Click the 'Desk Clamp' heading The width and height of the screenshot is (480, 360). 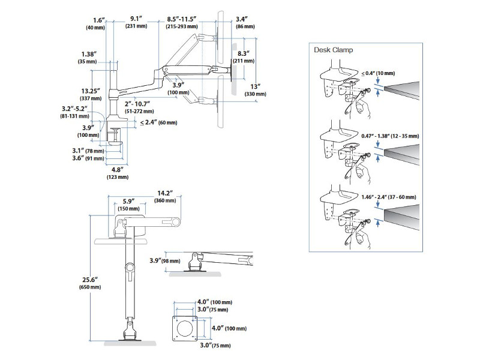point(334,50)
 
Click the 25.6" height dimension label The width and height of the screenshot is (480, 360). point(89,280)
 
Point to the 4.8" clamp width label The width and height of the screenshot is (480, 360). point(118,170)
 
